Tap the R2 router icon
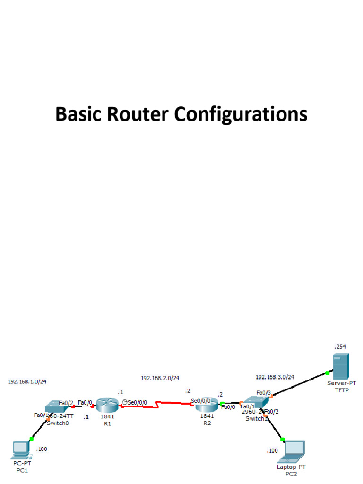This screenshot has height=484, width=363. (207, 405)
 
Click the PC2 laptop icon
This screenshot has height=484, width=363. (292, 451)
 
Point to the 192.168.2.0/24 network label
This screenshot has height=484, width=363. (160, 378)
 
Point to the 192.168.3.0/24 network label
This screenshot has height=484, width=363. (275, 377)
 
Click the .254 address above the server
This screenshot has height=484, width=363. (340, 346)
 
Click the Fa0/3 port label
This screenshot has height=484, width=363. (263, 392)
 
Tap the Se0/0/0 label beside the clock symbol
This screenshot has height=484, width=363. (137, 403)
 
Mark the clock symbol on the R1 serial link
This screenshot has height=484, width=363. (125, 402)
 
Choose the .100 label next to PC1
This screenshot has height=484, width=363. (42, 449)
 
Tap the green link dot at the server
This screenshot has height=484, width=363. (327, 373)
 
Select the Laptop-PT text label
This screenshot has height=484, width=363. (291, 467)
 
